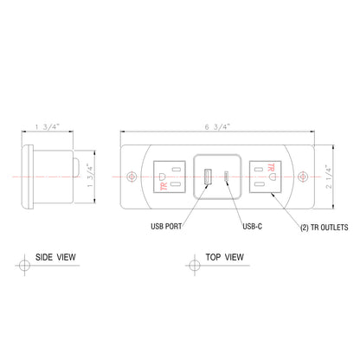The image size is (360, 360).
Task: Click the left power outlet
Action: pos(169,177)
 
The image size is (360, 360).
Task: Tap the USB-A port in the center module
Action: pos(207,177)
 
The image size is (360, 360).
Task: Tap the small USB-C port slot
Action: pos(227,177)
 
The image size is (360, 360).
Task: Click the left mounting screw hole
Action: pos(132,177)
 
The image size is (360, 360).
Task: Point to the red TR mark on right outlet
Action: pos(272,167)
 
